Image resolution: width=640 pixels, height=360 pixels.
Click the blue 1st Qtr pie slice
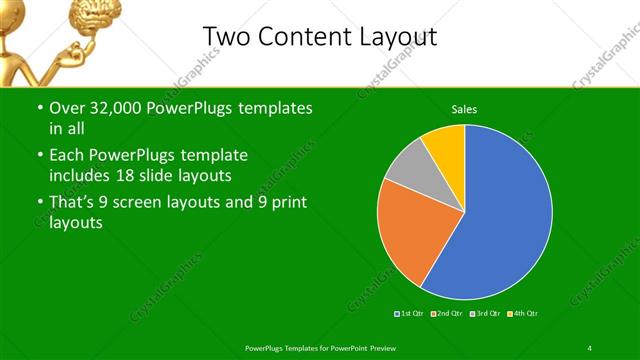point(500,220)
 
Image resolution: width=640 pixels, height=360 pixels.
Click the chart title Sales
point(464,108)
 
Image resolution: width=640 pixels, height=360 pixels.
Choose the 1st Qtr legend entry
point(411,314)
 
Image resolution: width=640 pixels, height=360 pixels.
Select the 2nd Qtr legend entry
point(447,314)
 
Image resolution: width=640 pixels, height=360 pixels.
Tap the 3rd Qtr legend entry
point(484,314)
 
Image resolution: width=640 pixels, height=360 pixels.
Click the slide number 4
point(590,347)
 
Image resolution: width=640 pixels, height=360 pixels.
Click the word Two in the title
point(225,37)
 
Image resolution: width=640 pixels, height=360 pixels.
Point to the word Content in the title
point(304,37)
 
